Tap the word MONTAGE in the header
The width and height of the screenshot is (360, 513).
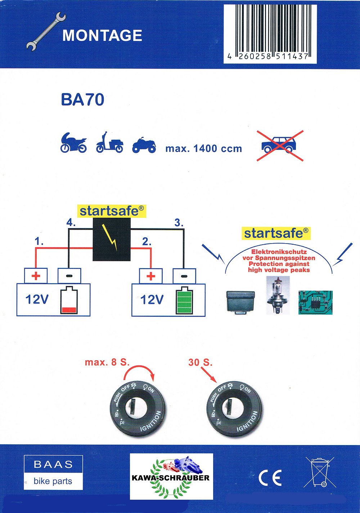coord(102,36)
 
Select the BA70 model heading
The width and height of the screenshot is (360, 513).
coord(82,100)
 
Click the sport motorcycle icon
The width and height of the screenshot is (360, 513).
coord(73,143)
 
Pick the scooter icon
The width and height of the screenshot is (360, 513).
coord(109,143)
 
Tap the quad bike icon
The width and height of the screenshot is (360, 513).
coord(144,145)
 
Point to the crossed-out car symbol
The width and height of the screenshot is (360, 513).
coord(280,145)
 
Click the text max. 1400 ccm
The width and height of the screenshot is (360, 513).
coord(203,148)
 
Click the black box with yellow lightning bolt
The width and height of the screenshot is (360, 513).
coord(112,239)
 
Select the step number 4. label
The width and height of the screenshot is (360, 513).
coord(71,223)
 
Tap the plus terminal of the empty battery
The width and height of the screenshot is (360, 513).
coord(36,276)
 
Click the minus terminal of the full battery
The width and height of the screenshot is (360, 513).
coord(184,276)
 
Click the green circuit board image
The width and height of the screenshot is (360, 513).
coord(315,302)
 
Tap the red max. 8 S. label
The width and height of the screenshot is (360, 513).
coord(107,362)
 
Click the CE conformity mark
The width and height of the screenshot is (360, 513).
coord(270,478)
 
